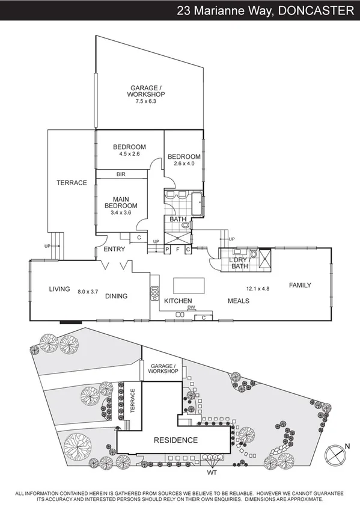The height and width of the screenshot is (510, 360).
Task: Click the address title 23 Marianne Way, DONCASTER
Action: point(265,10)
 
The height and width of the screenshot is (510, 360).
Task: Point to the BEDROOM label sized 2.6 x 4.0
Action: point(183,161)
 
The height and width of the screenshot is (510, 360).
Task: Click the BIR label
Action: point(120,174)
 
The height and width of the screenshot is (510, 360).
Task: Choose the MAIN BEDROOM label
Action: point(121,205)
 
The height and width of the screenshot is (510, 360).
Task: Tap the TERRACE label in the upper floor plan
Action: point(72,183)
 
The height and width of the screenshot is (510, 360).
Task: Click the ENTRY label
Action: point(114,249)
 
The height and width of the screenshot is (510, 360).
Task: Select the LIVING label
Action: point(60,289)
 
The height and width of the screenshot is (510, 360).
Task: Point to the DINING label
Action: point(117,296)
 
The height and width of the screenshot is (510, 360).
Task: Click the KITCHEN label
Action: point(178,301)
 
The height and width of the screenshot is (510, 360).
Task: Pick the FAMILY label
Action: point(300,285)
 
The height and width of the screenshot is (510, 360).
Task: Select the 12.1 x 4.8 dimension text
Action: point(257,289)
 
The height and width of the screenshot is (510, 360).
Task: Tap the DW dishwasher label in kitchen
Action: point(191,307)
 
